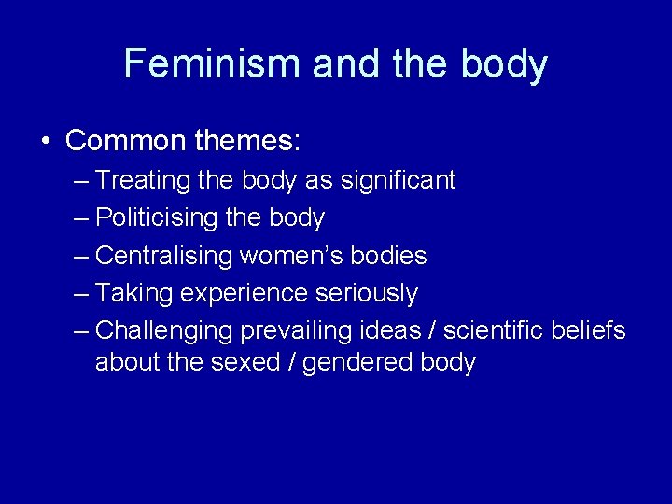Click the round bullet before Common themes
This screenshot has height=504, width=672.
tap(46, 142)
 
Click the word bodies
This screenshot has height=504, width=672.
tap(394, 256)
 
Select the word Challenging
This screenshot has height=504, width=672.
tap(163, 331)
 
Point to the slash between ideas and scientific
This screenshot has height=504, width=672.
tap(433, 330)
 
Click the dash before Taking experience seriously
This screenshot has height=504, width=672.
tap(80, 294)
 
